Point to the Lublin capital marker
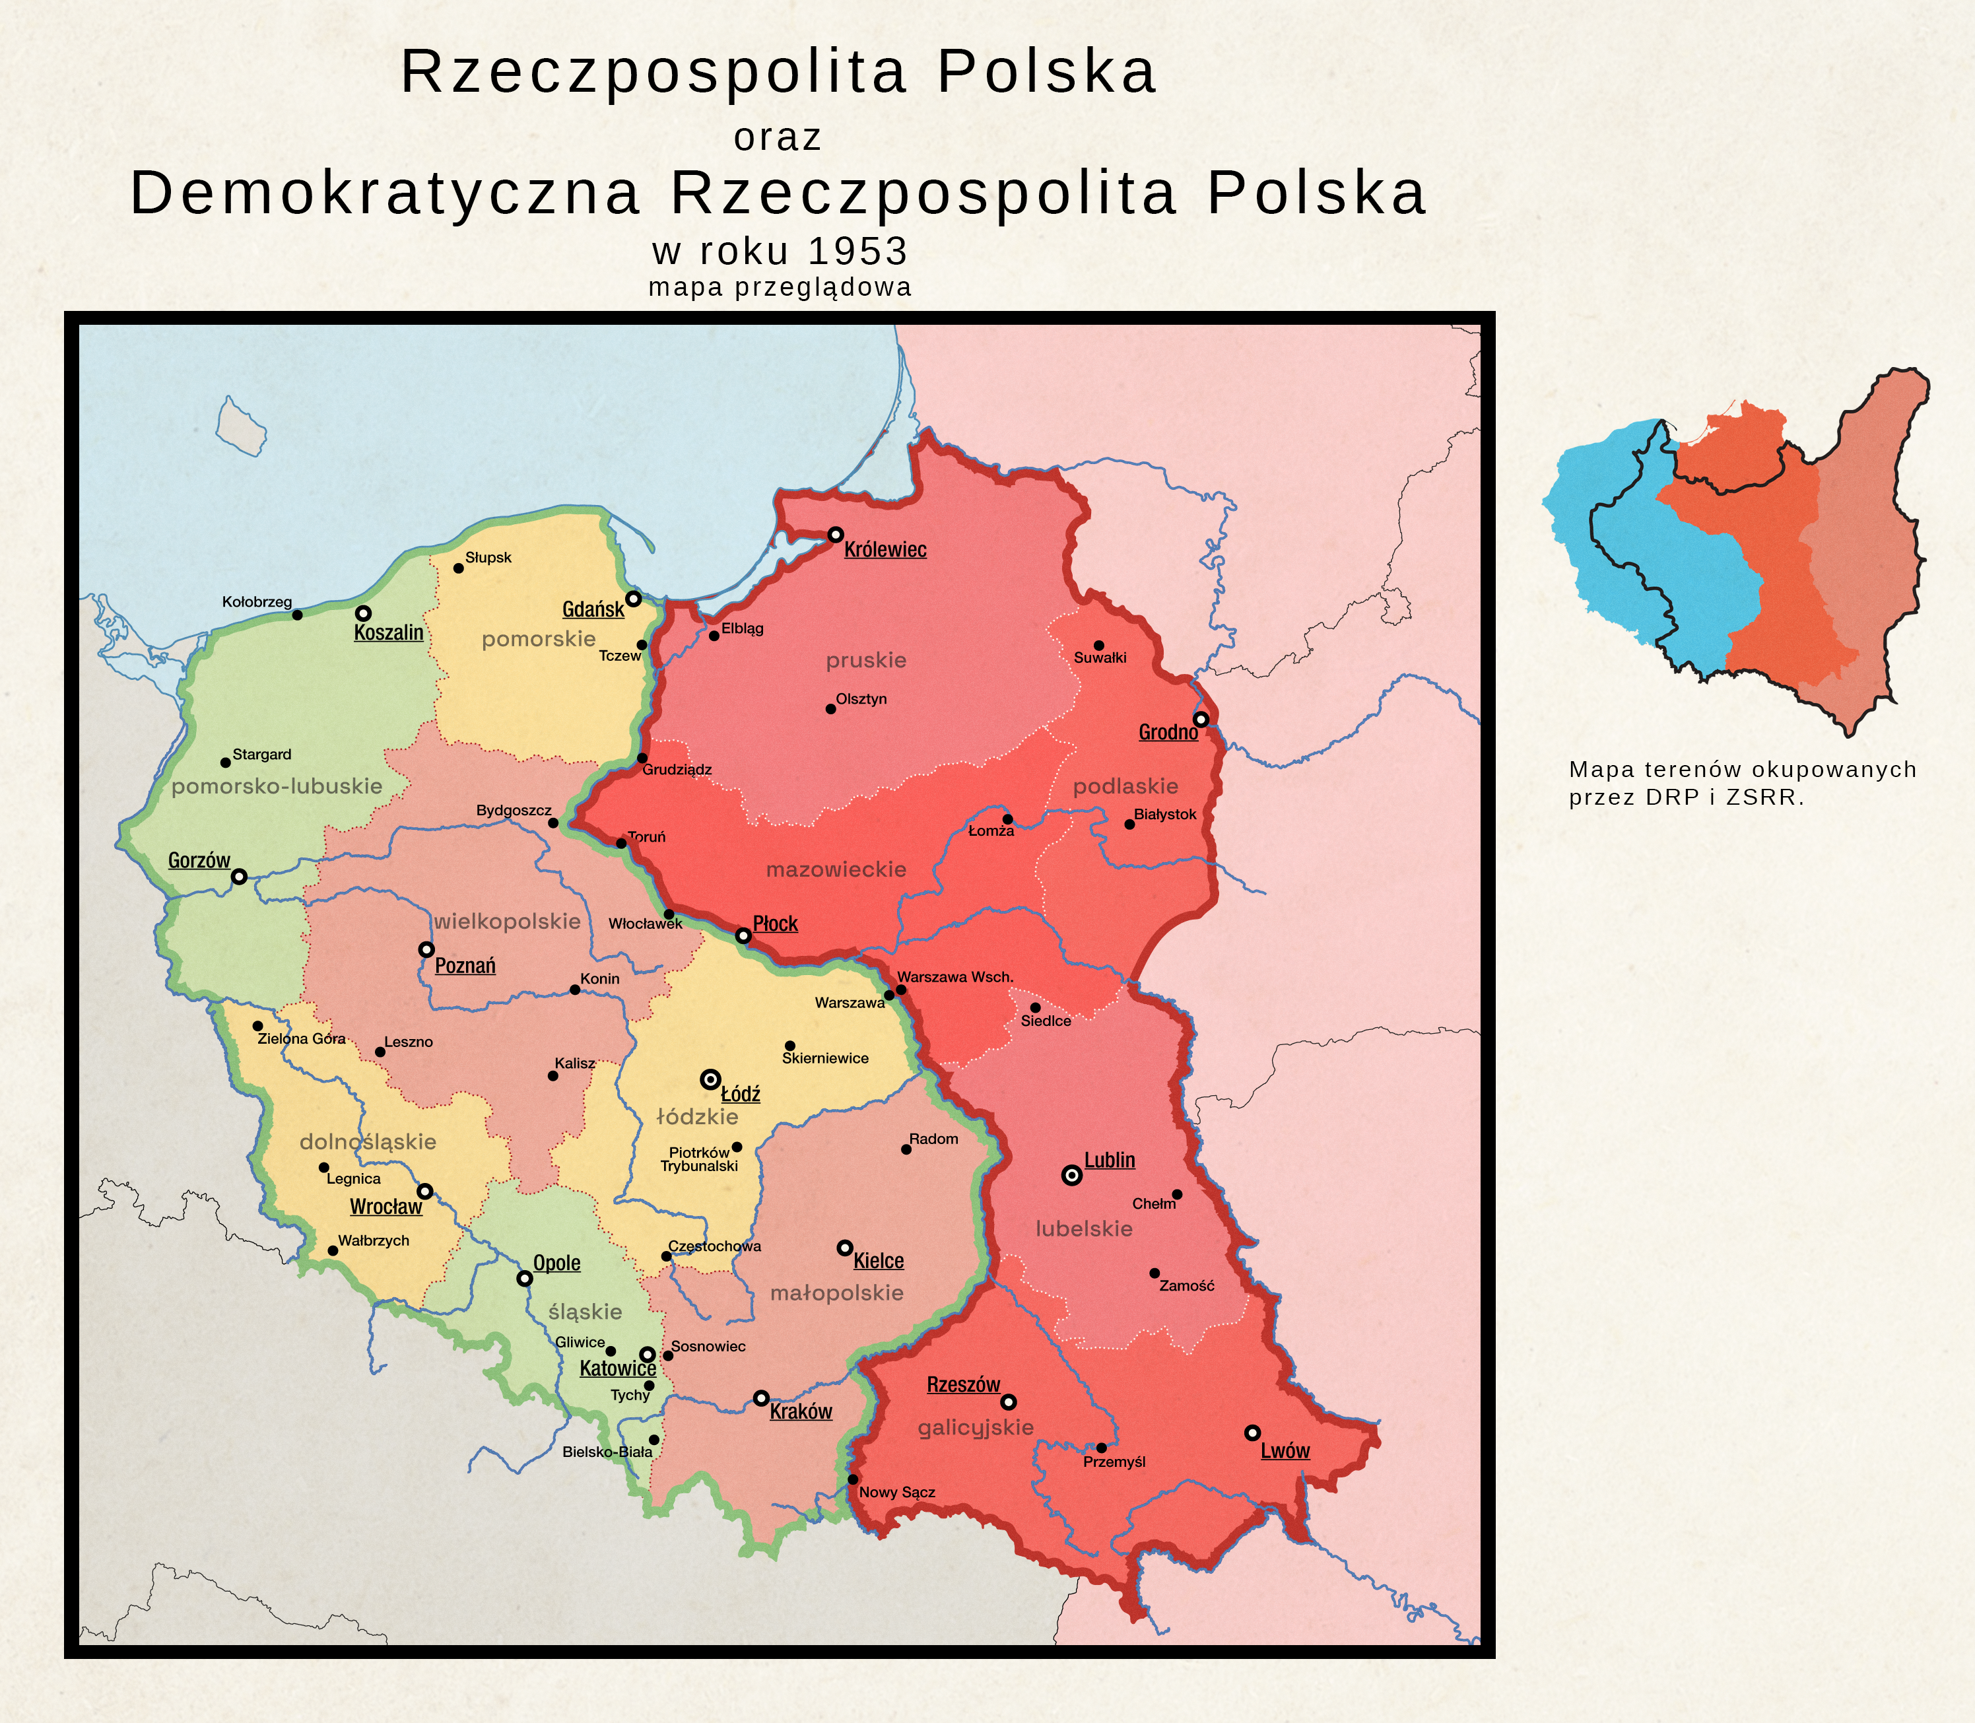[1071, 1175]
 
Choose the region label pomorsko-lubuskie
[277, 786]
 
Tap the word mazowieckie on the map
[836, 870]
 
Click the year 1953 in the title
[857, 252]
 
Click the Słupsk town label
[488, 558]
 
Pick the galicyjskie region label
[975, 1428]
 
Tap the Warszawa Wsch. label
[954, 977]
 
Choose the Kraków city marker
[760, 1398]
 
